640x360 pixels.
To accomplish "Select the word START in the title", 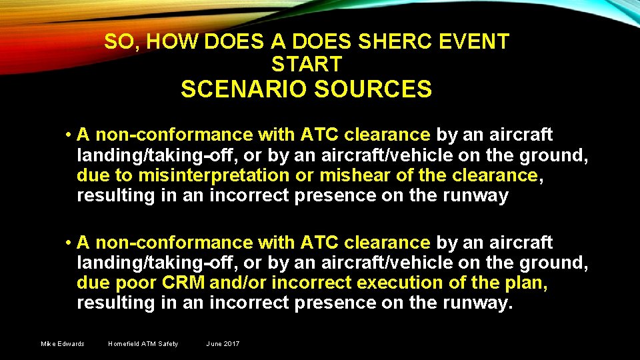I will pos(307,64).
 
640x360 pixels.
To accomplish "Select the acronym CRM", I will pos(184,283).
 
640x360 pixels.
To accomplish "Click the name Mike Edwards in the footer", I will pos(63,344).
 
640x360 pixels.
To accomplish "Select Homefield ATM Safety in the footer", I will pos(143,344).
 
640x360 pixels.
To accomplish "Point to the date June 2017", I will pos(223,344).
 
